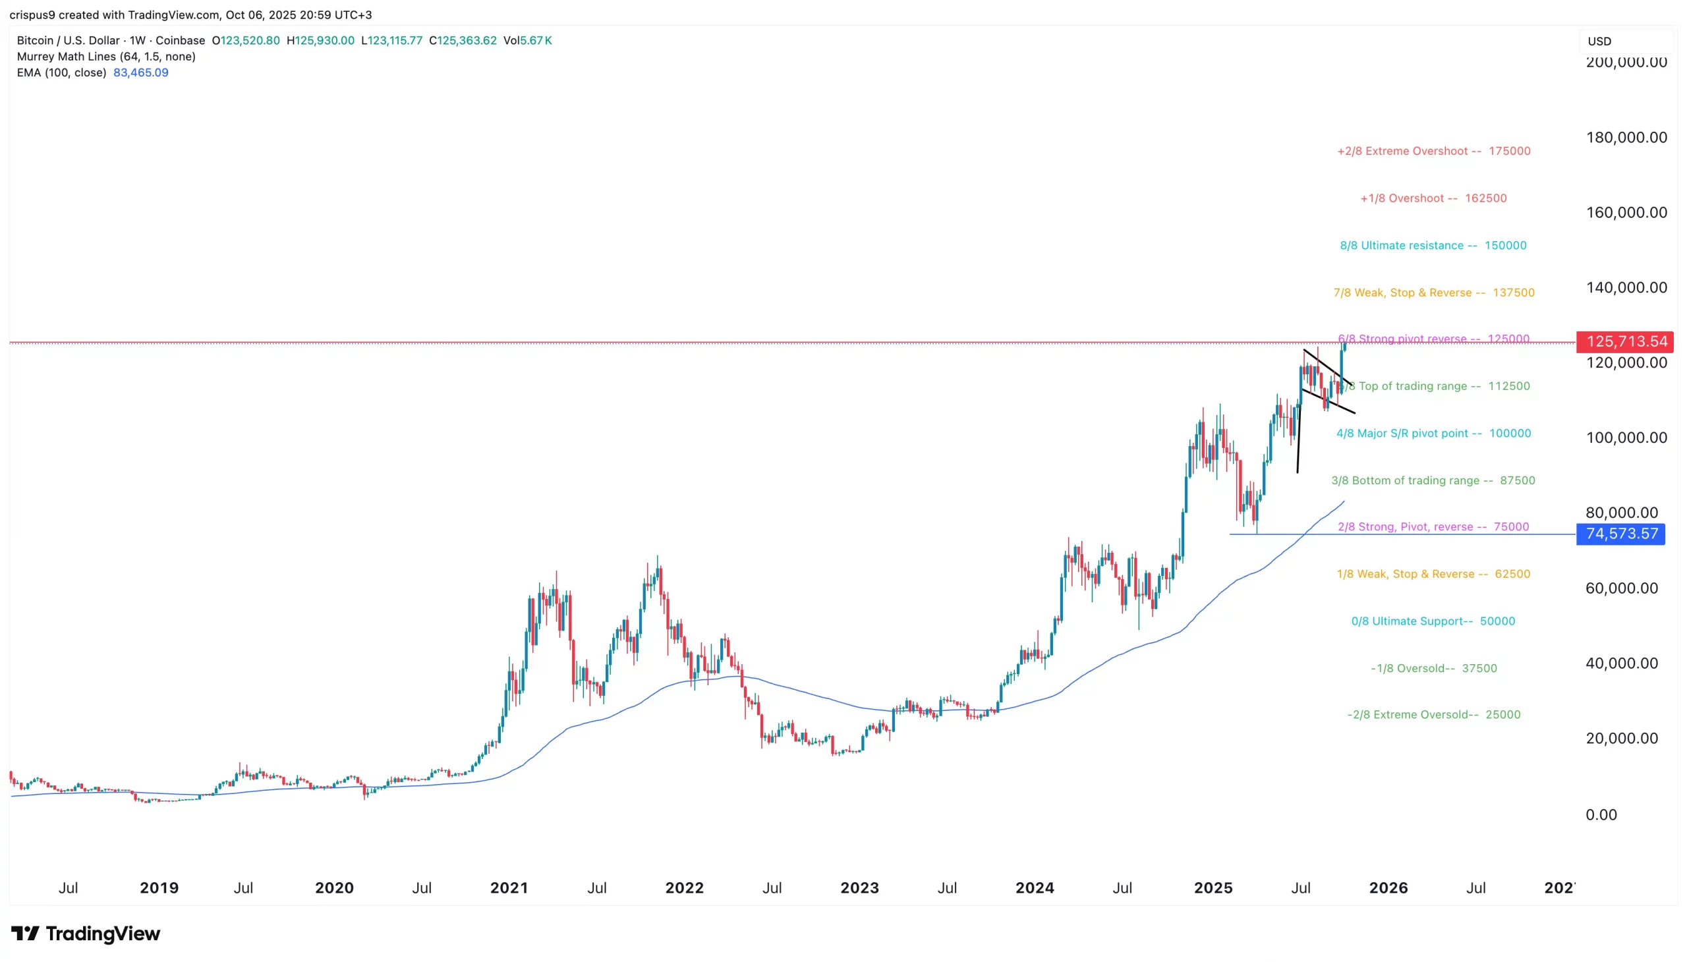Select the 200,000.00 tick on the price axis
(1626, 63)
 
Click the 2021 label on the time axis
(509, 888)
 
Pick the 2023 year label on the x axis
(859, 888)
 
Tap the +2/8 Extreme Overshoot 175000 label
(1433, 152)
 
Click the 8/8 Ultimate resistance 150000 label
(1433, 246)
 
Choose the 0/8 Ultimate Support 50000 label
(1433, 621)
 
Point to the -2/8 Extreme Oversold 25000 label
(1433, 715)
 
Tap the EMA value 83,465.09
(141, 72)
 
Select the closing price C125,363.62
(463, 40)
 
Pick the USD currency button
(1599, 42)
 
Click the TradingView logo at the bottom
(86, 934)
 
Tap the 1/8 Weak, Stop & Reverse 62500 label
(1433, 574)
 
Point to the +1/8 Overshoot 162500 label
(1433, 198)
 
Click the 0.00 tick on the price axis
(1601, 814)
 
